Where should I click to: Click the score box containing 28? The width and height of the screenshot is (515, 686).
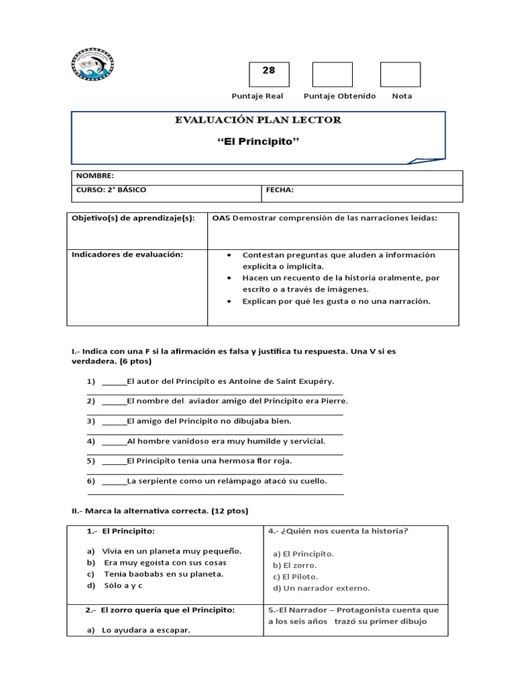click(x=269, y=74)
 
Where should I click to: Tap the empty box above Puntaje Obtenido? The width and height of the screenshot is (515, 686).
click(x=332, y=74)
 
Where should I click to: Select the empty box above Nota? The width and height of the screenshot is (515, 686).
click(x=400, y=74)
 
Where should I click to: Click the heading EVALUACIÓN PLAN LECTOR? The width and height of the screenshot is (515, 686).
click(x=257, y=120)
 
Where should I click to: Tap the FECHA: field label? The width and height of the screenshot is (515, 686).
click(x=280, y=190)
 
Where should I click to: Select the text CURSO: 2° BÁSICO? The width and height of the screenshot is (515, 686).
click(x=111, y=190)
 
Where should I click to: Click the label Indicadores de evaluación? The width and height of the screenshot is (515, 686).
click(x=127, y=255)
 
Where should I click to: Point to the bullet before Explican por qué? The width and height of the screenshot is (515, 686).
click(x=229, y=301)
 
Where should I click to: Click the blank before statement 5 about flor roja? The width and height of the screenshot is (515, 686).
click(x=113, y=462)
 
